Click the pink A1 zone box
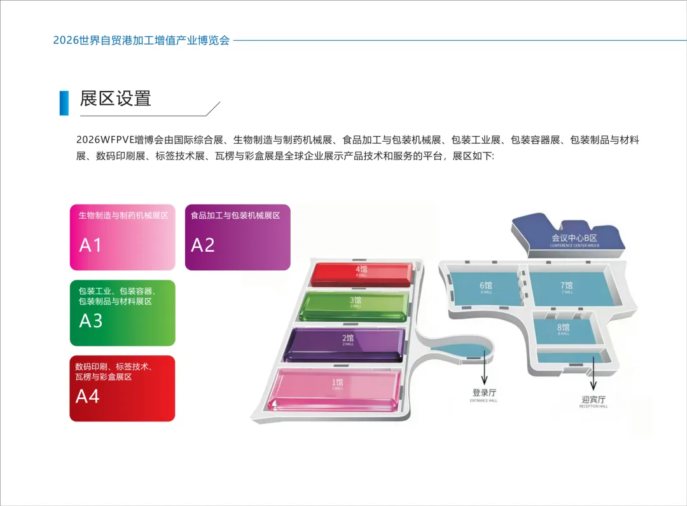tap(122, 237)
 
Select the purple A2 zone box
tap(237, 237)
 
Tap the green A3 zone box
tap(122, 313)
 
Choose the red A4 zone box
tap(122, 388)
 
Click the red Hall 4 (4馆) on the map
tap(361, 273)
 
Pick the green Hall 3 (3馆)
tap(355, 304)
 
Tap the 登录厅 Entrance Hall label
tap(484, 394)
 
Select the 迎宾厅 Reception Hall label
tap(593, 400)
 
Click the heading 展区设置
tap(115, 99)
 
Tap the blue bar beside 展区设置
tap(64, 103)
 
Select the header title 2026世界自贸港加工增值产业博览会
tap(141, 40)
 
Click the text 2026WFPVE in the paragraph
tap(105, 140)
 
